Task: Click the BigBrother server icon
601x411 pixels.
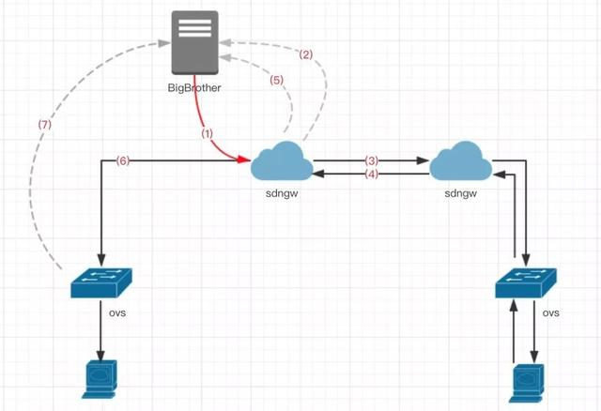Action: click(195, 42)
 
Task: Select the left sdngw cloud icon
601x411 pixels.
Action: click(282, 161)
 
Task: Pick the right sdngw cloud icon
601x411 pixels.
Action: click(460, 161)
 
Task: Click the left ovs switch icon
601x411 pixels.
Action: click(101, 281)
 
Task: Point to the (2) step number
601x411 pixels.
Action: click(306, 54)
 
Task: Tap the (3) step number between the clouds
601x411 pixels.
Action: click(372, 160)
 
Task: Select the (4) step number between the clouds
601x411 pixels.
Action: click(372, 174)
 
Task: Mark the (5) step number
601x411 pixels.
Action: click(275, 81)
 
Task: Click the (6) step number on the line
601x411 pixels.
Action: click(122, 160)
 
